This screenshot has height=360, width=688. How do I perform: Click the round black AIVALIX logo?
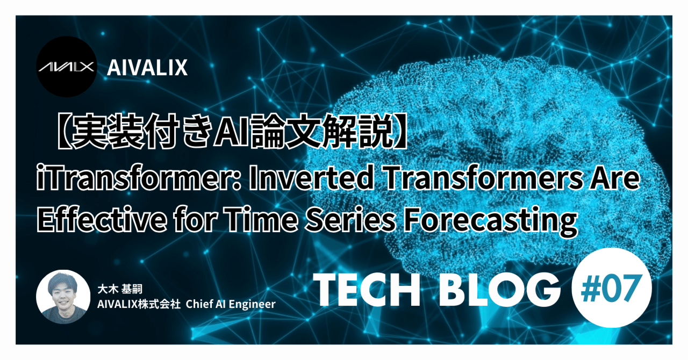pyautogui.click(x=67, y=67)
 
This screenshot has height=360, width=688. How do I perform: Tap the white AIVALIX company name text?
pyautogui.click(x=147, y=68)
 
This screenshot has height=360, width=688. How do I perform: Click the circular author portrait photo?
pyautogui.click(x=63, y=297)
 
